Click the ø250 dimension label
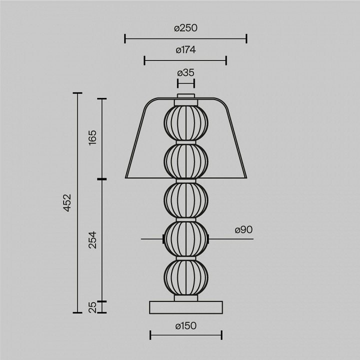tap(185, 28)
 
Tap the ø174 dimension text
tap(185, 50)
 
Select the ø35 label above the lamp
tap(185, 73)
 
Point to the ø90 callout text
tap(243, 229)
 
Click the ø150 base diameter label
tap(185, 326)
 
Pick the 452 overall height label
tap(67, 202)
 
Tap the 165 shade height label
tap(92, 137)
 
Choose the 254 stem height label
tap(92, 240)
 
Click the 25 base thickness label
tap(92, 307)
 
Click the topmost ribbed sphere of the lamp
tap(186, 123)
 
